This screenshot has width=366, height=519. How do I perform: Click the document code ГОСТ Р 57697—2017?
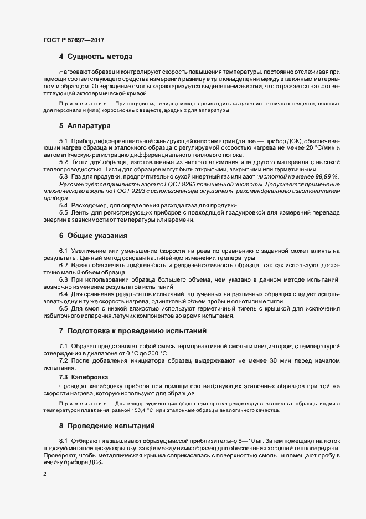pyautogui.click(x=73, y=40)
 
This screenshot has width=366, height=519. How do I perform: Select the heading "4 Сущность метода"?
pyautogui.click(x=95, y=57)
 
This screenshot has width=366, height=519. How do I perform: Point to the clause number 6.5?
pyautogui.click(x=63, y=308)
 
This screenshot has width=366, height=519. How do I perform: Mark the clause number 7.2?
pyautogui.click(x=63, y=361)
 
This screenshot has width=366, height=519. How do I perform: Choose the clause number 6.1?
pyautogui.click(x=63, y=251)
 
